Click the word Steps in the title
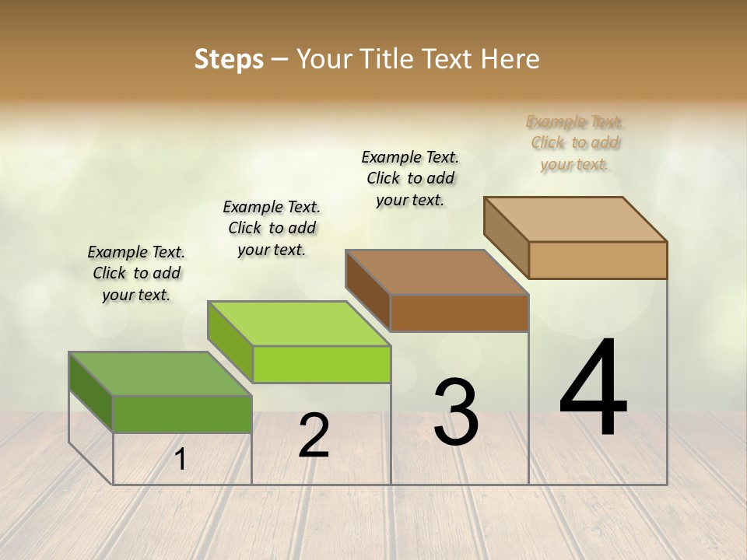(x=229, y=59)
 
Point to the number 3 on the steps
(x=456, y=411)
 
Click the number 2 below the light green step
(x=314, y=435)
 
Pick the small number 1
(x=180, y=459)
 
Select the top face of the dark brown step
(x=437, y=272)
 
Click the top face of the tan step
(x=575, y=219)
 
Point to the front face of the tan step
(x=598, y=260)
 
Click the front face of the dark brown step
(x=459, y=313)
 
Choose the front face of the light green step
(x=321, y=364)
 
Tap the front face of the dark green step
(x=182, y=414)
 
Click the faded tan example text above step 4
(x=575, y=142)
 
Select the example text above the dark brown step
(x=410, y=178)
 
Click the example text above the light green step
(x=272, y=228)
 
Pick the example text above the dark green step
(x=136, y=273)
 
